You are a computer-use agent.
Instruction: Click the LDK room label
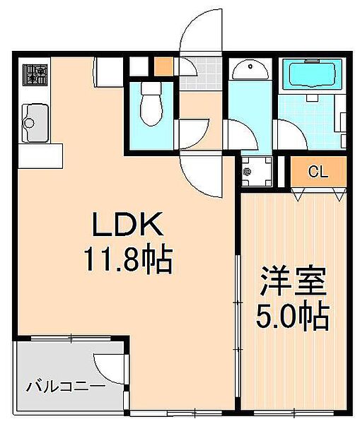click(x=128, y=223)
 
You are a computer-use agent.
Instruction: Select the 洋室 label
click(x=292, y=281)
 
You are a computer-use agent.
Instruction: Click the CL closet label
click(x=318, y=172)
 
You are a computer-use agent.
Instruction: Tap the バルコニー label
click(x=66, y=387)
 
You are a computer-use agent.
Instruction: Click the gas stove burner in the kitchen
click(x=35, y=75)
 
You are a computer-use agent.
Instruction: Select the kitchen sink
click(x=35, y=123)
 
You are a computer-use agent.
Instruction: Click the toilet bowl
click(x=151, y=104)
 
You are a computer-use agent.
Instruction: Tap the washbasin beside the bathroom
click(x=250, y=70)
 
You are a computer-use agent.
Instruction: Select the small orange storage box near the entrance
click(x=163, y=66)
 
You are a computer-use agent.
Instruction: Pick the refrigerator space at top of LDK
click(x=108, y=72)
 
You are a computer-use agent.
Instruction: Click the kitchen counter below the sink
click(x=40, y=155)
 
